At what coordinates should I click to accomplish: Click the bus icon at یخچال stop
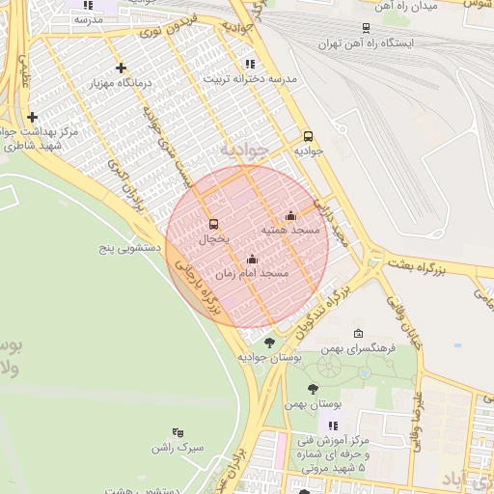[x=213, y=224]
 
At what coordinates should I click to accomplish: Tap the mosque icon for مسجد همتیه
[x=290, y=215]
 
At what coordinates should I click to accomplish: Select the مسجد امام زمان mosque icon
[x=252, y=259]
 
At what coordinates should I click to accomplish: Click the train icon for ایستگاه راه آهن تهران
[x=365, y=29]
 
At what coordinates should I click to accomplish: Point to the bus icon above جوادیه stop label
[x=308, y=136]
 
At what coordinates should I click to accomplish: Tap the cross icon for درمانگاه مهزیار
[x=121, y=68]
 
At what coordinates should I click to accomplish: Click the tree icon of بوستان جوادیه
[x=269, y=343]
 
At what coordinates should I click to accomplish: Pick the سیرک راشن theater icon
[x=178, y=432]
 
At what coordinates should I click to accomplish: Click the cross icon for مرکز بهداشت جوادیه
[x=33, y=117]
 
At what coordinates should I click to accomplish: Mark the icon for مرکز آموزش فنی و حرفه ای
[x=333, y=425]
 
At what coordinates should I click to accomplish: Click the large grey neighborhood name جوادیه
[x=239, y=151]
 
